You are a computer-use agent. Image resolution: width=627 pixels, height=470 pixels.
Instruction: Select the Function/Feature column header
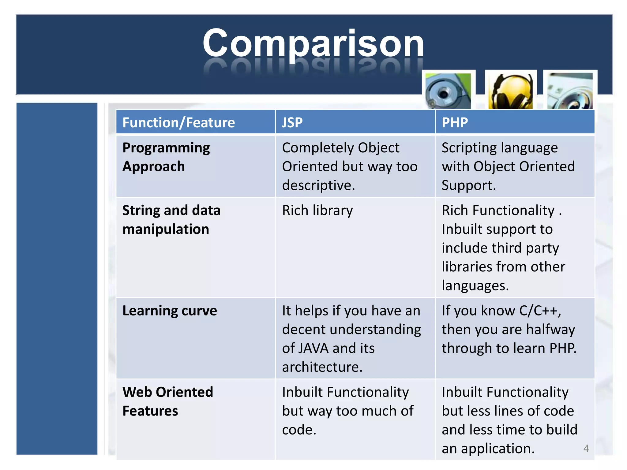point(178,123)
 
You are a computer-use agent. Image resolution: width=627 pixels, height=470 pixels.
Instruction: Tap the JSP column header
point(292,123)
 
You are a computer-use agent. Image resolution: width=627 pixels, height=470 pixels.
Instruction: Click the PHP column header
point(455,123)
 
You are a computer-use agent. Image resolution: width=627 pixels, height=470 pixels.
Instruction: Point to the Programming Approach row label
point(166,157)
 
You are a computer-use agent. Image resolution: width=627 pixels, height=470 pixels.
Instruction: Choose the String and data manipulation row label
point(171,220)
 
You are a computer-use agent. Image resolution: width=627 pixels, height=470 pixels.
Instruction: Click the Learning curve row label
point(170,311)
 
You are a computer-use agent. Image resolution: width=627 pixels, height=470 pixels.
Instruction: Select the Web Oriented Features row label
point(167,401)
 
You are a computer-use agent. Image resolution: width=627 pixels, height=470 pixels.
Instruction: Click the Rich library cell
point(317,211)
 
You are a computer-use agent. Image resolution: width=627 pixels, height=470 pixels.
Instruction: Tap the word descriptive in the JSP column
point(318,185)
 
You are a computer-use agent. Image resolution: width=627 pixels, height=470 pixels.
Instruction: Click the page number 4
point(586,448)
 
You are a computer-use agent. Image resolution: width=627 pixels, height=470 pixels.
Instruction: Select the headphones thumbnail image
point(511,91)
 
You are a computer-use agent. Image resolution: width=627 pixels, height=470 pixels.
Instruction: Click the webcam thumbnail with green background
point(448,91)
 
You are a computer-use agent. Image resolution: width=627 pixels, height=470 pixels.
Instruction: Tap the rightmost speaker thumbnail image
point(570,91)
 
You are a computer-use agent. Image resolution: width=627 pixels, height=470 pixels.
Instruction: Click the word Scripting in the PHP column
point(468,148)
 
